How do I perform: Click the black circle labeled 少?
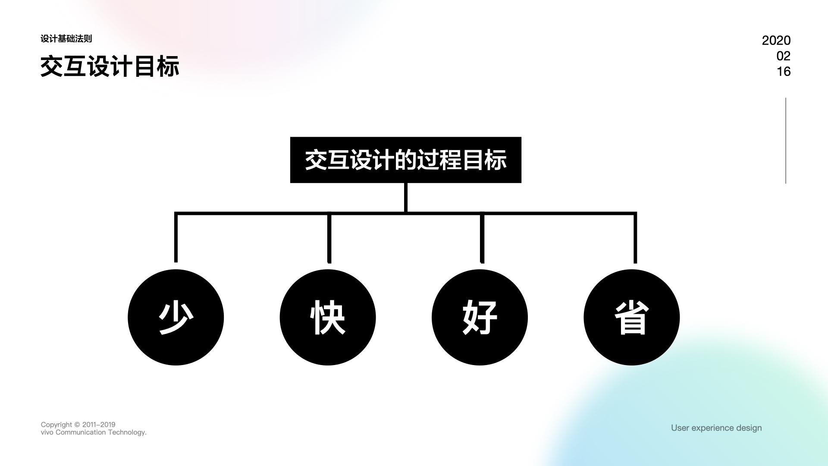coord(176,317)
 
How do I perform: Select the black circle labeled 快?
coord(327,317)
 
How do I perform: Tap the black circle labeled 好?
coord(480,317)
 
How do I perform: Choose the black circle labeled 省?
coord(631,317)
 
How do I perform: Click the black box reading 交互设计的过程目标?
coord(405,160)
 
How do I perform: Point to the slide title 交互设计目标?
coord(110,66)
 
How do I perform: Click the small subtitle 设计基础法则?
coord(66,39)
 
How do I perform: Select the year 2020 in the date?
coord(776,41)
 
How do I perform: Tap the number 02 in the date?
coord(783,56)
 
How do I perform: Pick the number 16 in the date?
coord(784,72)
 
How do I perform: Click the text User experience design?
coord(716,428)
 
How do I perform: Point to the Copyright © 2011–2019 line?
coord(78,425)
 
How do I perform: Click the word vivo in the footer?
coord(47,432)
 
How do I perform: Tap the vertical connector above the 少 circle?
coord(176,237)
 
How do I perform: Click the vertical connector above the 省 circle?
coord(635,237)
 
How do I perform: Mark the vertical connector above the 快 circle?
coord(329,237)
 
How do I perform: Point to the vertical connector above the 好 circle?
coord(482,237)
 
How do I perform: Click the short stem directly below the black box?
coord(406,197)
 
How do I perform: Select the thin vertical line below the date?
coord(786,141)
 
